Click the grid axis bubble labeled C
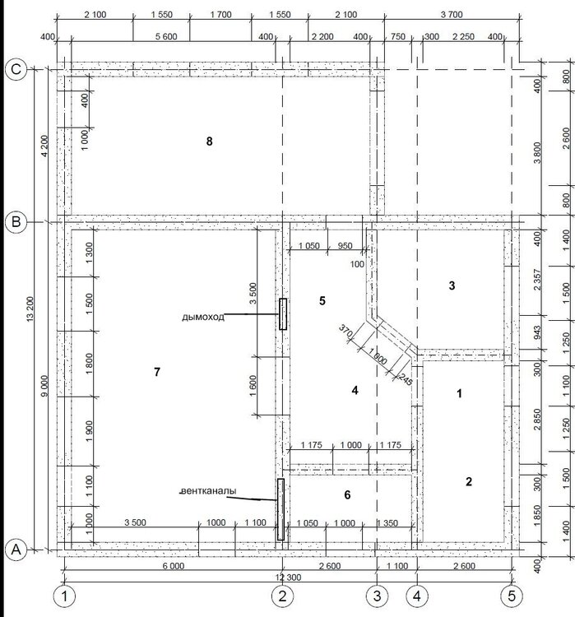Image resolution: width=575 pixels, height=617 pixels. click(x=16, y=70)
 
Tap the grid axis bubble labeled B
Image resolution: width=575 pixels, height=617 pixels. click(x=16, y=222)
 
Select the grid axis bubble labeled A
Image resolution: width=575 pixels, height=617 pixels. click(x=16, y=550)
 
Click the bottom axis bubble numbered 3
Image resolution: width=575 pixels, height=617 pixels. click(x=377, y=596)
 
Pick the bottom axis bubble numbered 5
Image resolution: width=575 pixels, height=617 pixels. click(x=512, y=596)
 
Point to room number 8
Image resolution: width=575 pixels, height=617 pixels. click(x=210, y=141)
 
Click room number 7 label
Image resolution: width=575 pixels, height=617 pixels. click(x=157, y=372)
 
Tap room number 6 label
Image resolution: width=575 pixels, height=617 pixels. click(x=347, y=495)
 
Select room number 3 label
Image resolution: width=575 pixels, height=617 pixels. click(x=452, y=285)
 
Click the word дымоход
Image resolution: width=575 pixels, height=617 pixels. click(x=203, y=317)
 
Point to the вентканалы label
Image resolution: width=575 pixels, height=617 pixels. click(x=209, y=490)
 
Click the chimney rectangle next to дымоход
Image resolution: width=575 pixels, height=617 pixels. click(x=283, y=313)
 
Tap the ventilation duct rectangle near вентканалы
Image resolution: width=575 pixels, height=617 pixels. click(x=281, y=509)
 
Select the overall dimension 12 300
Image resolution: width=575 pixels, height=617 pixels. click(x=288, y=578)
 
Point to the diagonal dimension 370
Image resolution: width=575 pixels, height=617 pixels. click(x=345, y=332)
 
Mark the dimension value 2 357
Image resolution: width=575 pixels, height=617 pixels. click(x=538, y=280)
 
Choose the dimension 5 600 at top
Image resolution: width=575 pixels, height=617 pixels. click(x=166, y=36)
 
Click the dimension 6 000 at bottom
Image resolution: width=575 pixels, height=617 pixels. click(x=174, y=566)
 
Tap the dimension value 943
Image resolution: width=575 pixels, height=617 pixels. click(x=538, y=333)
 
